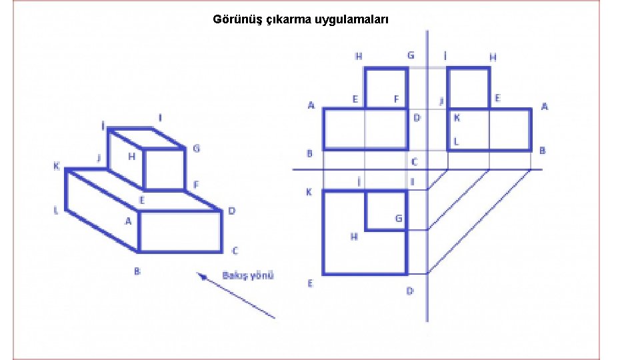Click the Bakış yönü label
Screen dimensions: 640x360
(x=248, y=275)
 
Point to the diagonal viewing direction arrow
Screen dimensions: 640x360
(x=236, y=295)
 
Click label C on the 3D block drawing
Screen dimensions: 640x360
(x=235, y=251)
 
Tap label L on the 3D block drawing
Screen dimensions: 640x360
(x=56, y=210)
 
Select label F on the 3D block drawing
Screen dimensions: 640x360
(x=196, y=184)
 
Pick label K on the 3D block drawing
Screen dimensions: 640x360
(x=57, y=166)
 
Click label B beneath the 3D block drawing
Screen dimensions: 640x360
(x=137, y=271)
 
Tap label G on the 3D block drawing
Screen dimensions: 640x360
(x=196, y=149)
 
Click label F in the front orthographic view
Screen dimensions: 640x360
(x=396, y=99)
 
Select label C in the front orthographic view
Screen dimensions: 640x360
(x=414, y=162)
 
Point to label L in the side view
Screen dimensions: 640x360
(x=457, y=141)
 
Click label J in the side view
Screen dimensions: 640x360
(x=441, y=101)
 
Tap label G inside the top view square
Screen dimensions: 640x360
(x=399, y=218)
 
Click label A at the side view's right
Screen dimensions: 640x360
(x=545, y=107)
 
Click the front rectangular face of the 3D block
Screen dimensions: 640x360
(x=180, y=231)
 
